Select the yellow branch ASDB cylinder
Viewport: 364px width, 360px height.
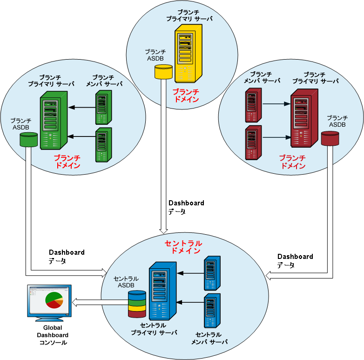(x=163, y=72)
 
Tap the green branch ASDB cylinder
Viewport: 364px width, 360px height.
(x=28, y=139)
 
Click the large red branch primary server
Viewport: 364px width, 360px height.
(x=304, y=119)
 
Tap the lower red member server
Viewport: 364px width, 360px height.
(x=253, y=143)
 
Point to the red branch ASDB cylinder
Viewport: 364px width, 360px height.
(x=330, y=138)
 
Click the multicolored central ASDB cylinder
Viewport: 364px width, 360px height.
(x=137, y=304)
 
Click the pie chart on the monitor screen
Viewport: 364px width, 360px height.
(x=54, y=300)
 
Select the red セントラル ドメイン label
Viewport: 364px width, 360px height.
(x=183, y=247)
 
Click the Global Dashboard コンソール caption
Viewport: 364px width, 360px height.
(x=53, y=335)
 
